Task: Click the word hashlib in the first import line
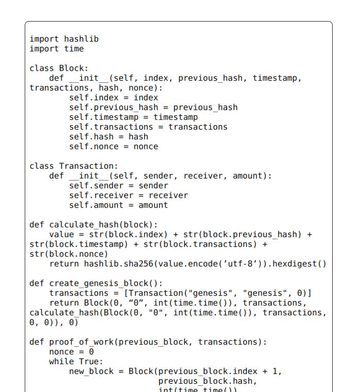(x=81, y=39)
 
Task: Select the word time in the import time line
(x=74, y=49)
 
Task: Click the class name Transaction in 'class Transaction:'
(x=86, y=166)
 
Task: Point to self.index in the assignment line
(x=94, y=98)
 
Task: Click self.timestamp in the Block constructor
(x=104, y=117)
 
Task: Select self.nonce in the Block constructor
(x=94, y=147)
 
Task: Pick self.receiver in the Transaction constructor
(x=101, y=195)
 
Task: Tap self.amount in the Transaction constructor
(x=96, y=205)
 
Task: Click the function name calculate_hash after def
(x=84, y=224)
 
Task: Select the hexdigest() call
(x=299, y=264)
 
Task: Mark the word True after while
(x=89, y=362)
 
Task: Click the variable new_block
(x=91, y=371)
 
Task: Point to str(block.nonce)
(x=68, y=254)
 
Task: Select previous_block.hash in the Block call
(x=205, y=381)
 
